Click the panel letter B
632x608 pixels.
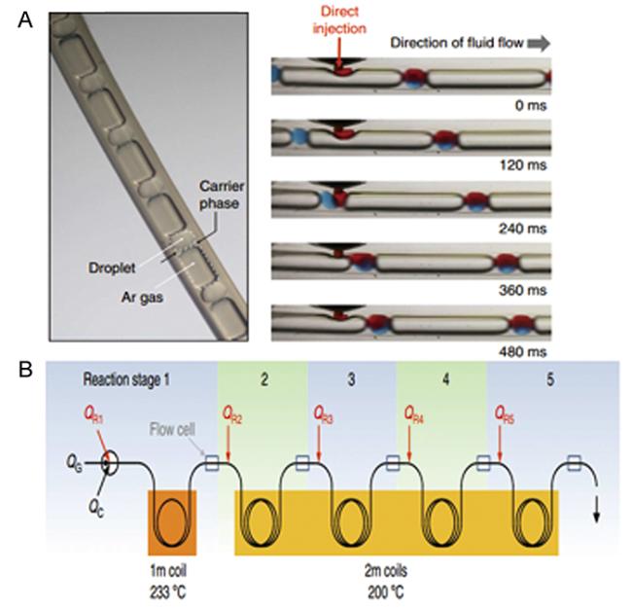(x=26, y=371)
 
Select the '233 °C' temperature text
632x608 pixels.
(x=171, y=587)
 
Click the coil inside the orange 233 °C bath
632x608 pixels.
(x=172, y=519)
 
